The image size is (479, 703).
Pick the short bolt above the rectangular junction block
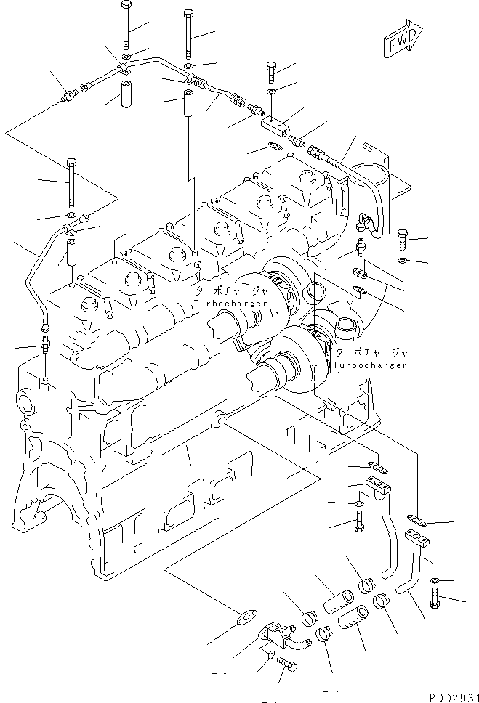tap(270, 71)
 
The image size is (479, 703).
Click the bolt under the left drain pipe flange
tap(359, 521)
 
